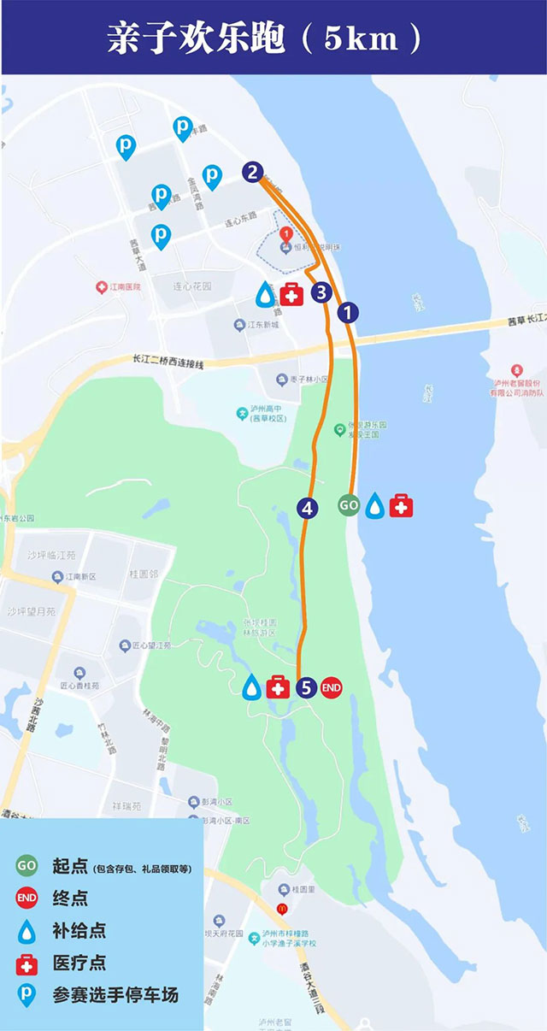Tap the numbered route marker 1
point(347,313)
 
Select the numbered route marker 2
point(251,173)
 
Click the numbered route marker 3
point(321,293)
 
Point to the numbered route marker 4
point(308,508)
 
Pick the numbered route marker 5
point(307,686)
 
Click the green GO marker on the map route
point(349,505)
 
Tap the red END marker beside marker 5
point(332,686)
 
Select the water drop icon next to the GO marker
point(374,506)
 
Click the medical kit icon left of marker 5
point(278,686)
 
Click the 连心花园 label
point(192,286)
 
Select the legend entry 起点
point(70,866)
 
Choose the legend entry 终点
point(70,898)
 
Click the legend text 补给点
point(79,930)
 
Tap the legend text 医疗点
point(79,963)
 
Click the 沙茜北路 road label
point(37,715)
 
